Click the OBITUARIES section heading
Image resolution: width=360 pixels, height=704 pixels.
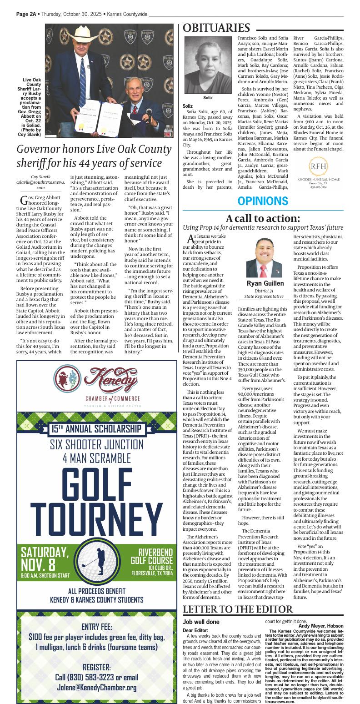click(x=216, y=28)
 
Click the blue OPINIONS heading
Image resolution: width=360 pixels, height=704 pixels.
click(x=263, y=201)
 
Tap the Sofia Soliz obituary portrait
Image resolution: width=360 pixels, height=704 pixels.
click(x=207, y=65)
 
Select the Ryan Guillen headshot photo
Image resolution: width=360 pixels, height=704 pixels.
click(x=264, y=257)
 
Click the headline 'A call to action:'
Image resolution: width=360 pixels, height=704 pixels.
click(x=263, y=218)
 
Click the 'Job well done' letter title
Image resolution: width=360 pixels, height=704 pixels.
click(x=201, y=622)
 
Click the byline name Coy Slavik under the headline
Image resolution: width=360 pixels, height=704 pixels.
click(x=41, y=177)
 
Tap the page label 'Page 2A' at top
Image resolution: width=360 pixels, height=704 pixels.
click(x=26, y=14)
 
